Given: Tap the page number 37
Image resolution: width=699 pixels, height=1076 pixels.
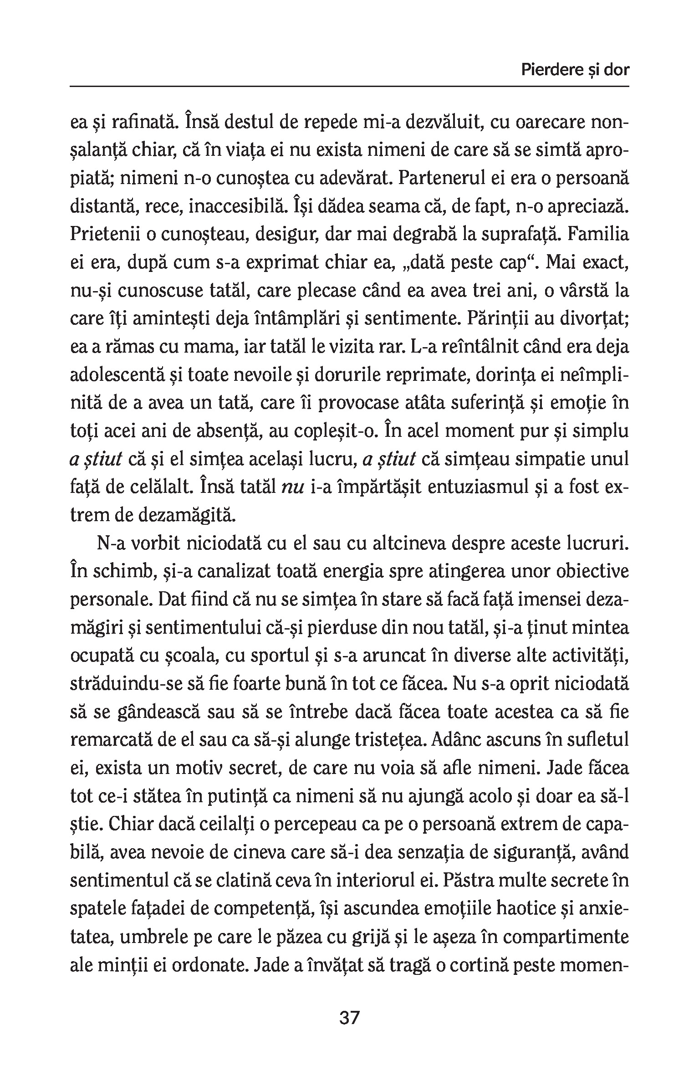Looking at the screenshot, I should point(349,1018).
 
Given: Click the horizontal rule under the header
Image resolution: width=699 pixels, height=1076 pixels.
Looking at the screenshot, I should point(349,86).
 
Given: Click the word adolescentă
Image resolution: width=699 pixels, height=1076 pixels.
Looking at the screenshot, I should point(112,375).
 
